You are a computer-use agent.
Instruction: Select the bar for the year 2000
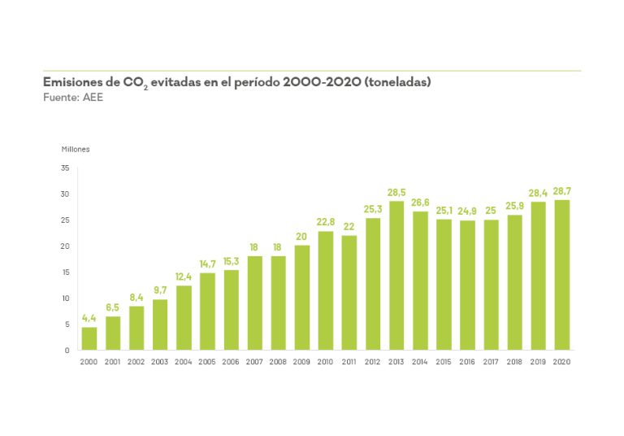click(x=89, y=338)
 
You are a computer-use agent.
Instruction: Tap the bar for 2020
click(x=561, y=275)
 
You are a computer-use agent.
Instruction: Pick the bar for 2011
click(x=349, y=292)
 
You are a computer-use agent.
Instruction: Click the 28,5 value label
click(x=396, y=192)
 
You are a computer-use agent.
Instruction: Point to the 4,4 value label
click(x=89, y=318)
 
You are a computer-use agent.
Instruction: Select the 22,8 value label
click(x=326, y=222)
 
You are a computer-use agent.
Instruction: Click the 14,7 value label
click(x=207, y=264)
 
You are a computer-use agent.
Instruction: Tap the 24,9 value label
click(x=467, y=211)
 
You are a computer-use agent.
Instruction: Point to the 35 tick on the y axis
click(x=65, y=168)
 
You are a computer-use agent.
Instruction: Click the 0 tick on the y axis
click(x=67, y=350)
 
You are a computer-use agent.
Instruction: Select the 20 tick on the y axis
click(x=65, y=246)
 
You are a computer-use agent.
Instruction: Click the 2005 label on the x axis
click(x=207, y=361)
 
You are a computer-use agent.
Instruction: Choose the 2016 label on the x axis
click(x=467, y=361)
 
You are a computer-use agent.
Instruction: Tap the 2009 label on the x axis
click(x=302, y=361)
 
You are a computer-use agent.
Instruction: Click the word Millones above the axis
click(x=76, y=149)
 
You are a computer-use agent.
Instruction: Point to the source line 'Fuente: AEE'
click(x=73, y=97)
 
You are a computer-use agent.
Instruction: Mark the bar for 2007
click(x=255, y=303)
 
